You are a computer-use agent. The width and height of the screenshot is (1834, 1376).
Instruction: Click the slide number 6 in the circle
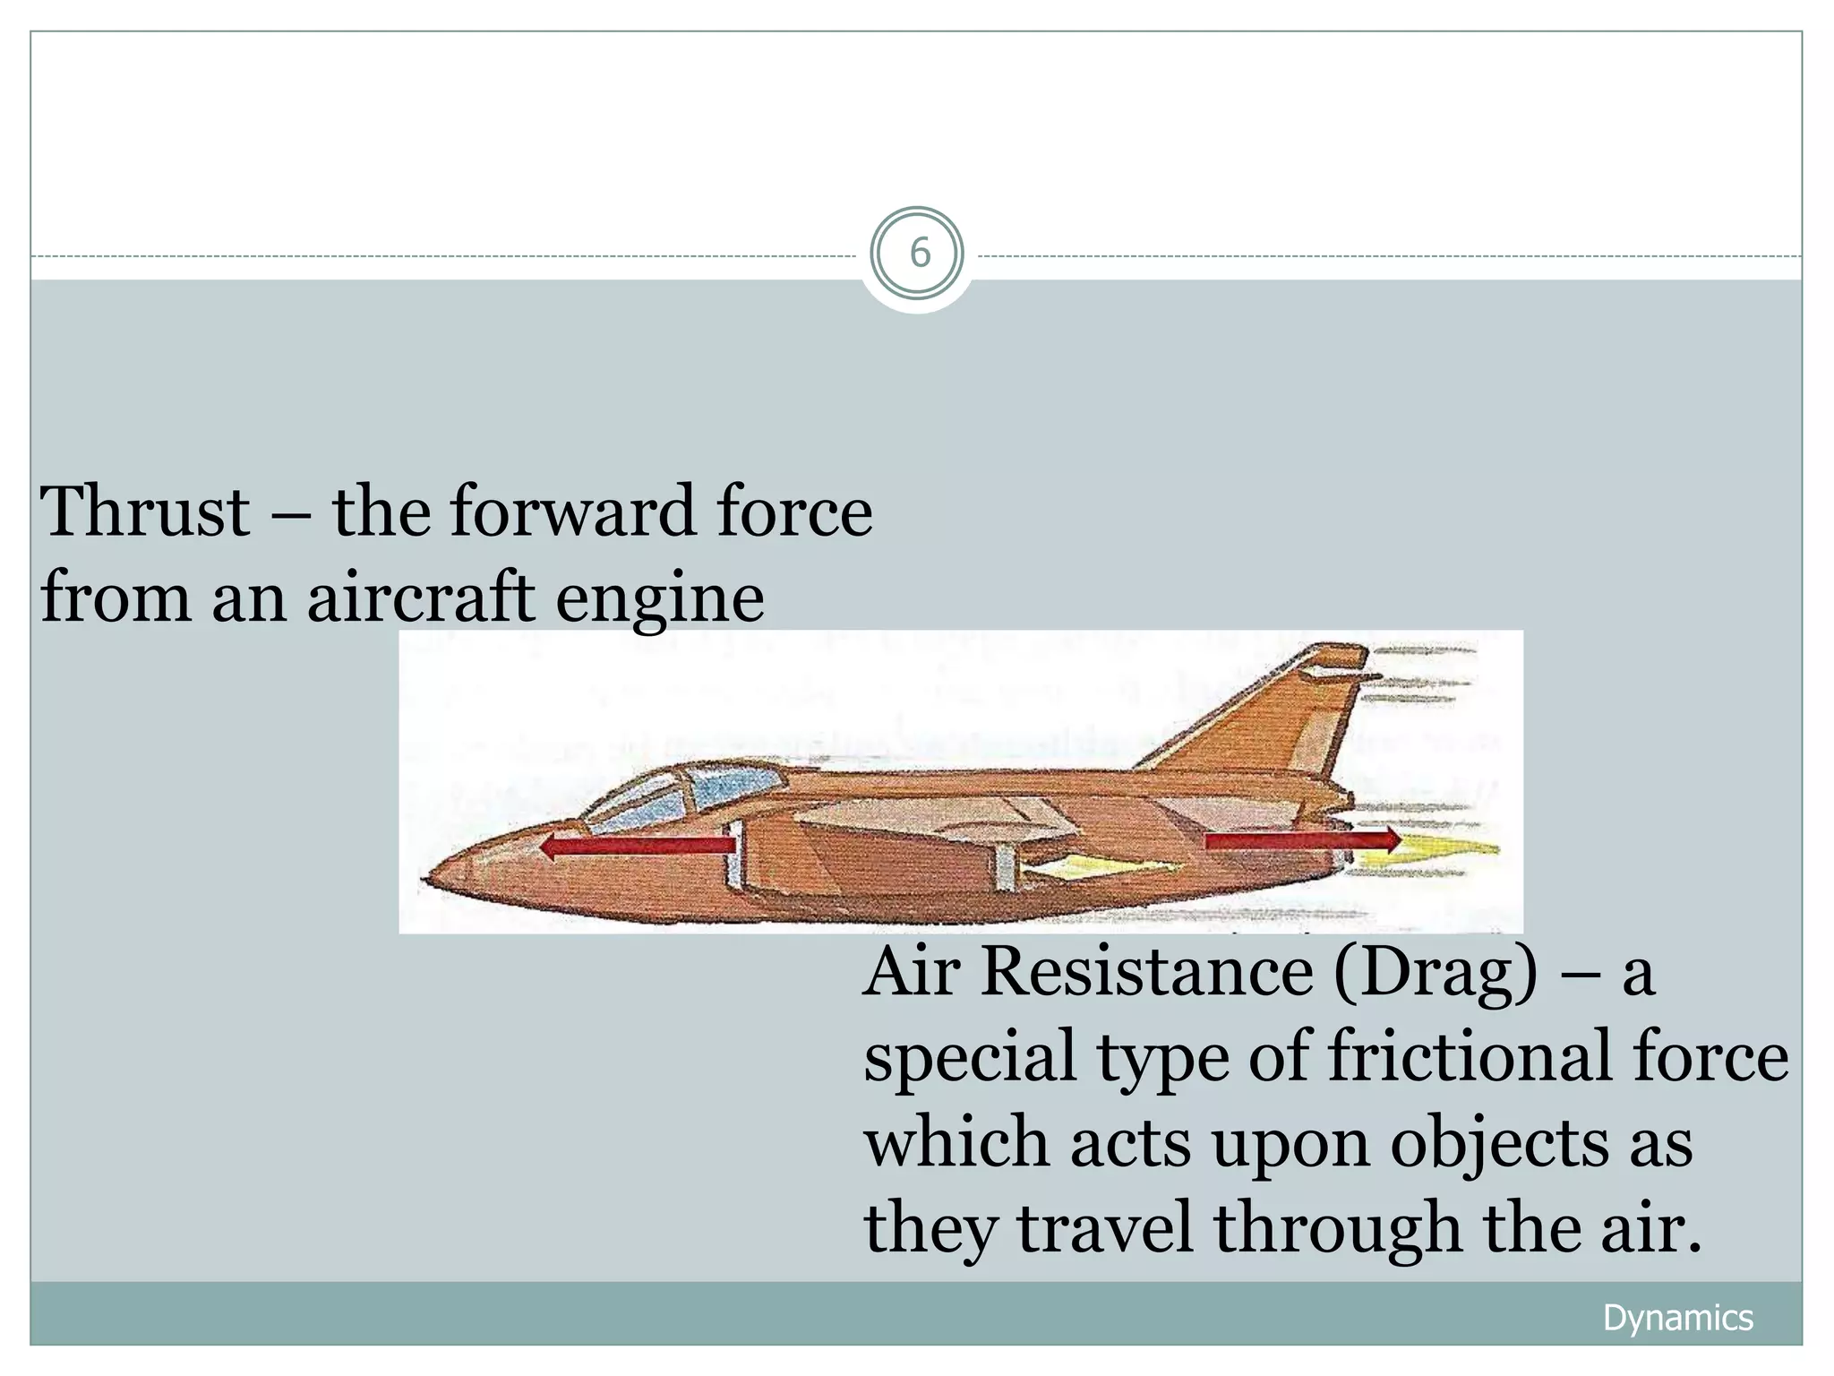coord(919,254)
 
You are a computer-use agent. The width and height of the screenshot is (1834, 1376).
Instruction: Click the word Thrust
coord(145,512)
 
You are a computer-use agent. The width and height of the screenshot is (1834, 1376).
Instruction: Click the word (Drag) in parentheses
coord(1435,975)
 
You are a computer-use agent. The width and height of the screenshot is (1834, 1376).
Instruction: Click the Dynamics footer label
coord(1677,1318)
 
